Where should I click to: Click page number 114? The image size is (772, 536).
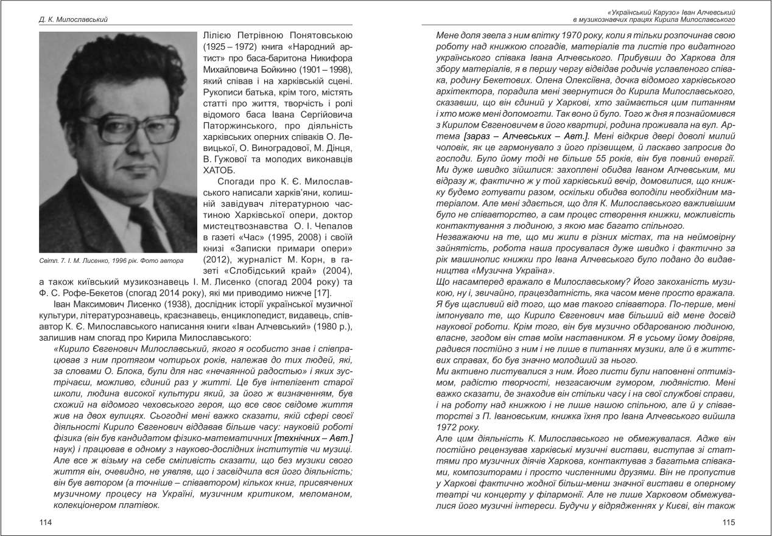45,523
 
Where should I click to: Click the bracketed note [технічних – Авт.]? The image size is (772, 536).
314,439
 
